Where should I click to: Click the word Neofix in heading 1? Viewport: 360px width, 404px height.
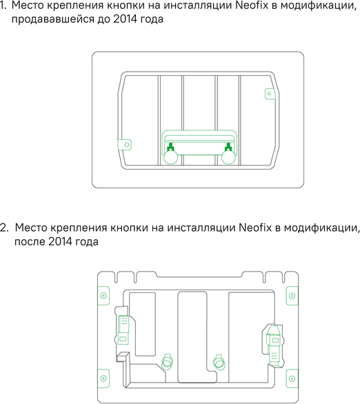pyautogui.click(x=252, y=6)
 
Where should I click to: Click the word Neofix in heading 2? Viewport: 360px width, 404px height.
pyautogui.click(x=255, y=228)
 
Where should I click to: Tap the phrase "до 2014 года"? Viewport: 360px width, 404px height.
pyautogui.click(x=130, y=19)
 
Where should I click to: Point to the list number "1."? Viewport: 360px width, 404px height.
pyautogui.click(x=3, y=6)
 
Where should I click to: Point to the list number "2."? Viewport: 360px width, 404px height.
pyautogui.click(x=4, y=228)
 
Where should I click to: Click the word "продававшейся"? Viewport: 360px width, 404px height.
pyautogui.click(x=53, y=19)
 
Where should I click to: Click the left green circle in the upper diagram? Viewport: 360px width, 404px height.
pyautogui.click(x=171, y=157)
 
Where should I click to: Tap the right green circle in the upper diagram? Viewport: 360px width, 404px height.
pyautogui.click(x=228, y=157)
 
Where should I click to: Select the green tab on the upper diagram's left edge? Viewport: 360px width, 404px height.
pyautogui.click(x=124, y=145)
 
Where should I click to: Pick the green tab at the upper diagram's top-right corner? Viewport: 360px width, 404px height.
pyautogui.click(x=270, y=94)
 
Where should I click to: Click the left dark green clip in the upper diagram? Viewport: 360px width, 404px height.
pyautogui.click(x=170, y=147)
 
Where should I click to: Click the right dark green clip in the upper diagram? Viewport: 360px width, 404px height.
pyautogui.click(x=228, y=147)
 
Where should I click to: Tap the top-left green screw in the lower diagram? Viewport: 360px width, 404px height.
pyautogui.click(x=103, y=296)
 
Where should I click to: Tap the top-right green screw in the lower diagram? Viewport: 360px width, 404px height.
pyautogui.click(x=292, y=296)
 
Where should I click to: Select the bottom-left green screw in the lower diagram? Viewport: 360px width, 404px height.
pyautogui.click(x=103, y=378)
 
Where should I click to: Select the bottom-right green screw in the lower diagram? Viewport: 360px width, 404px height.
pyautogui.click(x=292, y=378)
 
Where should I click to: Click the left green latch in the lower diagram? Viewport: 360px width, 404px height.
pyautogui.click(x=123, y=330)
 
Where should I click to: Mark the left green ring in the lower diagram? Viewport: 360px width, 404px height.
pyautogui.click(x=167, y=362)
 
